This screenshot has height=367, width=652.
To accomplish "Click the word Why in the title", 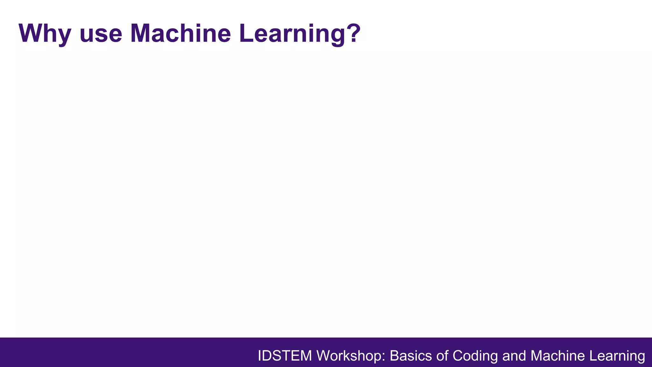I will [x=45, y=33].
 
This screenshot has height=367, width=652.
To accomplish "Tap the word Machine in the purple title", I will [x=181, y=33].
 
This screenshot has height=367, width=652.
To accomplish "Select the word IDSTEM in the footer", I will [x=285, y=356].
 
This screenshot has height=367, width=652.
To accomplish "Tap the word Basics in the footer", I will [x=410, y=356].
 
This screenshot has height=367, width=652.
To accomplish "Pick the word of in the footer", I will [x=442, y=356].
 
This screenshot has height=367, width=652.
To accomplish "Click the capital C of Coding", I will [x=458, y=356].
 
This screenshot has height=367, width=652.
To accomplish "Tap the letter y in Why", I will [x=63, y=36].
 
